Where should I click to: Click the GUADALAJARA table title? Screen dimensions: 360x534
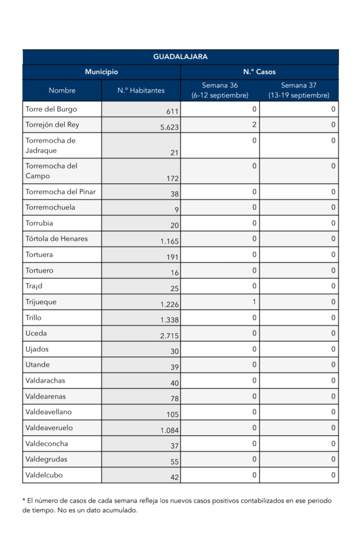pos(180,57)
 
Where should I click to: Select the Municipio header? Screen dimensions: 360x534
pos(102,72)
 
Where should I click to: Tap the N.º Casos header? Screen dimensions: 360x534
pos(259,72)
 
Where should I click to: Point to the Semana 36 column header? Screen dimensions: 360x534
pos(220,90)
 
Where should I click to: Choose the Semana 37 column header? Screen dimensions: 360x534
pos(299,90)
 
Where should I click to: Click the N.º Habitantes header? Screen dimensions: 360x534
pos(141,90)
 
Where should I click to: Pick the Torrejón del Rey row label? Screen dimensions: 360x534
pos(52,125)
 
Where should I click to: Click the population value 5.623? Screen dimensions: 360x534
pos(169,127)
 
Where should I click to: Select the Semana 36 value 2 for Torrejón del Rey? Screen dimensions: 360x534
pos(254,124)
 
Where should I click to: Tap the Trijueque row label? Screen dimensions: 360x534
pos(41,302)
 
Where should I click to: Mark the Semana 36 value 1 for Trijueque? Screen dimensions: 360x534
pos(254,302)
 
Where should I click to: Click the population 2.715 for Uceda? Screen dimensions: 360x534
pos(169,336)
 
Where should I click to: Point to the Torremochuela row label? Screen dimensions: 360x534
pos(50,207)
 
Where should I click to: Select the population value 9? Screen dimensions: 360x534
pos(176,210)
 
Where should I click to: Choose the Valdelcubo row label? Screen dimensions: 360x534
pos(44,475)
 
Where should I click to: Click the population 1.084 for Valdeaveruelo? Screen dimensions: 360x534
pos(169,430)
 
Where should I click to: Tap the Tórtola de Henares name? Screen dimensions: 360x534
pos(56,239)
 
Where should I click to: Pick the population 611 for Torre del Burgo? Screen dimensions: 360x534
pos(172,111)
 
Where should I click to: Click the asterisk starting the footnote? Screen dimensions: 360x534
pos(24,500)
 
